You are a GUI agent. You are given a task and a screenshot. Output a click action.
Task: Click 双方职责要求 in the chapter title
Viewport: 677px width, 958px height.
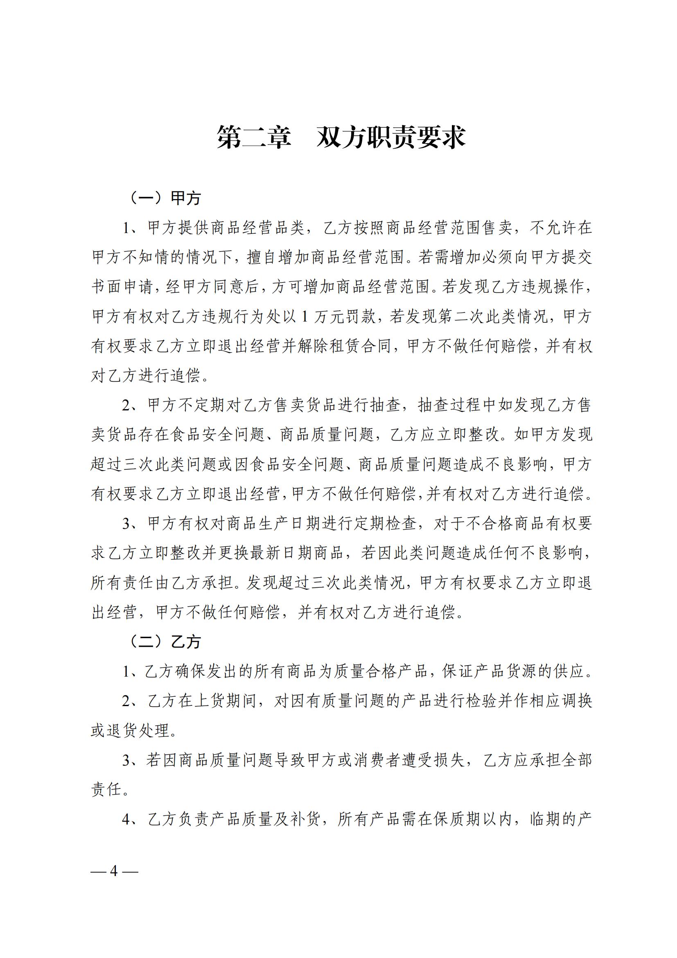(390, 137)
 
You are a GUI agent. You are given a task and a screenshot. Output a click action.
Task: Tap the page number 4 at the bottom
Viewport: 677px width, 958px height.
(114, 871)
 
